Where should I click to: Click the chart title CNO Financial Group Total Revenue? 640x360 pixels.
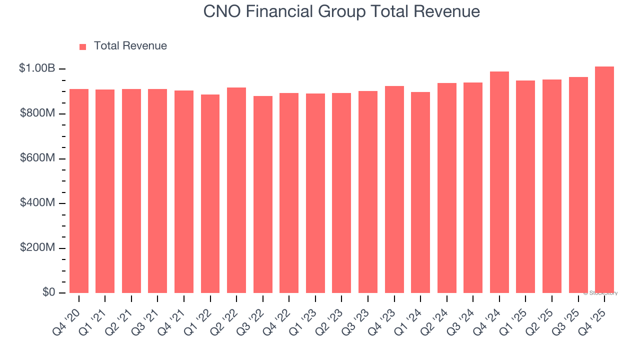pos(341,11)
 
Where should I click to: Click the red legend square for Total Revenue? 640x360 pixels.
pos(83,46)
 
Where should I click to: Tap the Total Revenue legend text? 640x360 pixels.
pos(130,46)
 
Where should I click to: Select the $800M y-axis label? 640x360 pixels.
pos(37,113)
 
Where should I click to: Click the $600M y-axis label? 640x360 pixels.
pos(37,158)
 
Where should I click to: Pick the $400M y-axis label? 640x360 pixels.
pos(37,203)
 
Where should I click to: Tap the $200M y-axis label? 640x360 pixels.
pos(37,248)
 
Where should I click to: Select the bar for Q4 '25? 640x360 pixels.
pos(604,180)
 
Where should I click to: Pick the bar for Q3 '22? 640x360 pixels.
pos(263,194)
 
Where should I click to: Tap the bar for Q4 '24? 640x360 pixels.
pos(499,182)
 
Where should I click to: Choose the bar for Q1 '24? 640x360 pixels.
pos(420,192)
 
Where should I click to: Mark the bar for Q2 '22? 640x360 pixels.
pos(236,190)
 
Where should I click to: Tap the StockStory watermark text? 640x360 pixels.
pos(600,293)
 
